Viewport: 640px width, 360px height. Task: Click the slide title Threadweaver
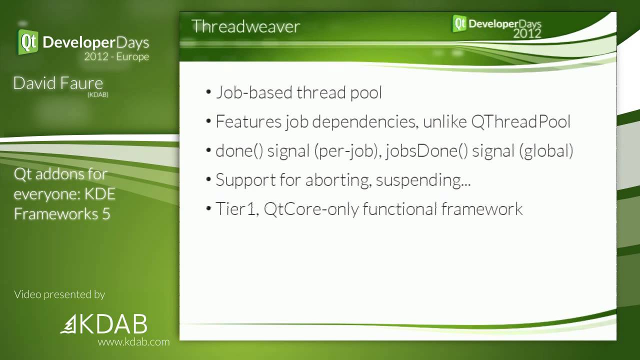245,26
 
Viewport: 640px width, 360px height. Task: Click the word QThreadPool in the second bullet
520,121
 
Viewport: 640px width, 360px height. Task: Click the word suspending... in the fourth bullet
423,180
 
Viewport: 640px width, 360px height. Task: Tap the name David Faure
58,83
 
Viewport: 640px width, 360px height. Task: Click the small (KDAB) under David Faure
97,94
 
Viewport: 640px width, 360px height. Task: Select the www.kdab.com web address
133,342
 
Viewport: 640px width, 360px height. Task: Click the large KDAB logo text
112,324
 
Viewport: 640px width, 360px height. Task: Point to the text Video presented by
59,294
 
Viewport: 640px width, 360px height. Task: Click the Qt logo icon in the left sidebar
28,42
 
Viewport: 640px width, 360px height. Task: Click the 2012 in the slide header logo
527,33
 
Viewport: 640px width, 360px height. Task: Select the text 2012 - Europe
116,56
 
